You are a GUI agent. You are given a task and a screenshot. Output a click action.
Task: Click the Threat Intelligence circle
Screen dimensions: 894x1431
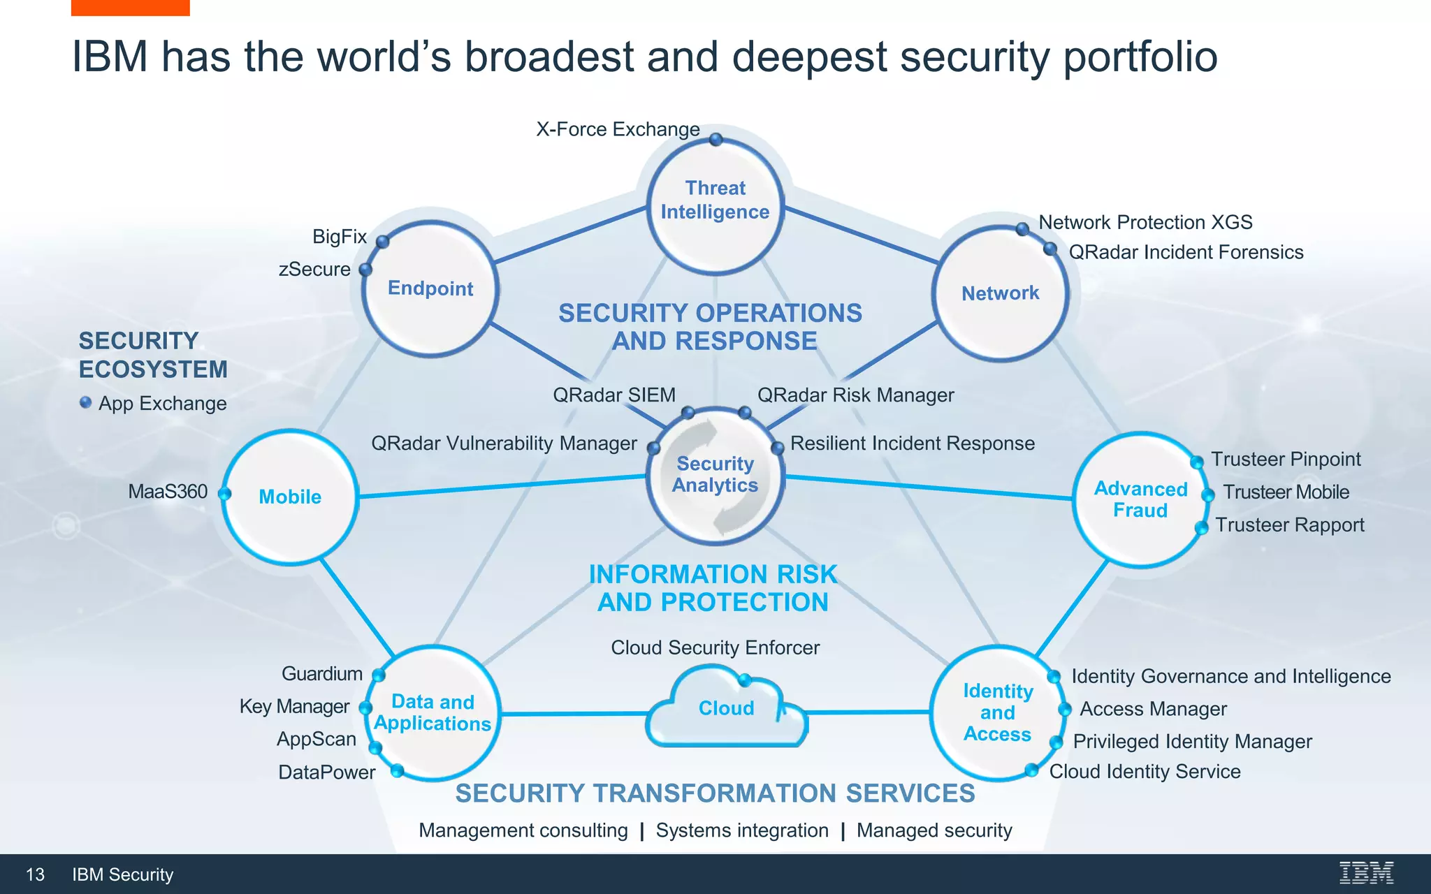coord(715,203)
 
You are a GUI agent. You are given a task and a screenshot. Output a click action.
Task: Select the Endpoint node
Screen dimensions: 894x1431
coord(430,288)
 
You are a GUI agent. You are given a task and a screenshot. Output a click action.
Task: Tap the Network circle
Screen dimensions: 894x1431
coord(1000,293)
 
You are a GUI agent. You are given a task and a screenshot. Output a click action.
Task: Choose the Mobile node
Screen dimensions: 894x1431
coord(290,497)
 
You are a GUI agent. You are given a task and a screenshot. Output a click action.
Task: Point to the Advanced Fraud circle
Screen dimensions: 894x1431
coord(1140,499)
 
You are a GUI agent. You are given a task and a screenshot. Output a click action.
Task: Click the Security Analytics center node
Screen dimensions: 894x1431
coord(715,475)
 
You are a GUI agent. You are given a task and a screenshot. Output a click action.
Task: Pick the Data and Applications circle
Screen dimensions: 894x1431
coord(433,712)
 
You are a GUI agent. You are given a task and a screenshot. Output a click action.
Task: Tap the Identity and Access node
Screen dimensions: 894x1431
coord(997,712)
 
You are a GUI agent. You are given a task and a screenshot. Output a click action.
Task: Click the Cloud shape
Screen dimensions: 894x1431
coord(727,708)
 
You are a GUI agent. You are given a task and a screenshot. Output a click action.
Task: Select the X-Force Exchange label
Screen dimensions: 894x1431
coord(618,129)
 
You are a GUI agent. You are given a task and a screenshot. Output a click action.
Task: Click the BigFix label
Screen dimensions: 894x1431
coord(340,237)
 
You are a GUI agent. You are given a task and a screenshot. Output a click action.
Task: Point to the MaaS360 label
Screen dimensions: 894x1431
coord(168,492)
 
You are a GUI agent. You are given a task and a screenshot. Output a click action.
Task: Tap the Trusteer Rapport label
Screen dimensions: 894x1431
coord(1289,525)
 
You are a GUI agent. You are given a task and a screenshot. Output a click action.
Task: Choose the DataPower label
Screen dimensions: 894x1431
coord(326,772)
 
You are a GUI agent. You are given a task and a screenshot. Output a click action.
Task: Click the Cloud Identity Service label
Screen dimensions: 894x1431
coord(1145,771)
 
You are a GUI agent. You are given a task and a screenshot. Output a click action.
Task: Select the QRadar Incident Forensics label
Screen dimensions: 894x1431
coord(1186,252)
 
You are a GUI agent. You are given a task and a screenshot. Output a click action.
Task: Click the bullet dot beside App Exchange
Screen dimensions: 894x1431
coord(86,402)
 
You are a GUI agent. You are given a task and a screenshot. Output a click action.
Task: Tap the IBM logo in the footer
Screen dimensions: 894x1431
coord(1366,873)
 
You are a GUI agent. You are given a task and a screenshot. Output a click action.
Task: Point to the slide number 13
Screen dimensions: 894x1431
coord(35,874)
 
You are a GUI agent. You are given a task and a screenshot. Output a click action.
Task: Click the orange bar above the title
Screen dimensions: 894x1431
coord(130,8)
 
